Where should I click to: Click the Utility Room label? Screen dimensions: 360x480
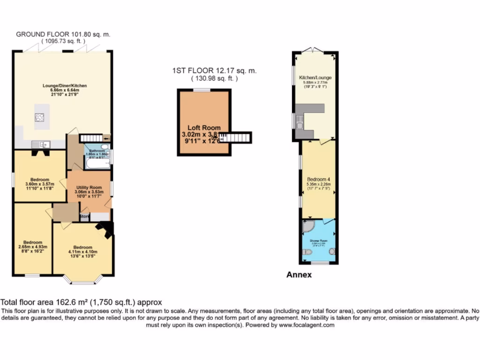click(89, 187)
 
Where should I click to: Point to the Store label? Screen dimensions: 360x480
click(84, 217)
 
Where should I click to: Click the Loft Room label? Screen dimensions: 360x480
click(204, 127)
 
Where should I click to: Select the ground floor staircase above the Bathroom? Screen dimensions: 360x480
click(91, 138)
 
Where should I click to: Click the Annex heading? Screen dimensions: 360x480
click(299, 275)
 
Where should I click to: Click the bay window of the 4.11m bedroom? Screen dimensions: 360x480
click(83, 281)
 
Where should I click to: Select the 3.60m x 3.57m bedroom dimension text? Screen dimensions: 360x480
click(40, 184)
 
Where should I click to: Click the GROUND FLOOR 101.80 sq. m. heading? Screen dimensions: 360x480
click(63, 34)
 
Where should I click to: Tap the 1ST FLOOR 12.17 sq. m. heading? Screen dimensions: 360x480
click(214, 71)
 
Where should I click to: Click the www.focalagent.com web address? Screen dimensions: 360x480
click(307, 325)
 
